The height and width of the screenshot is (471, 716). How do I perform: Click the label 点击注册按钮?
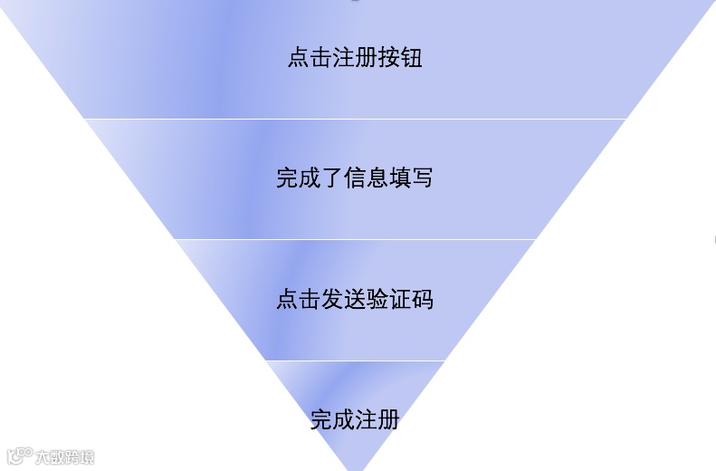coord(355,59)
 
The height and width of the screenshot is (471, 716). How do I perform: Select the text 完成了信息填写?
coord(355,178)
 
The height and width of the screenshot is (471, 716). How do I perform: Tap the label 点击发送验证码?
coord(355,299)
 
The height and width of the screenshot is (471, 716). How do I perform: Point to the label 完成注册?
coord(355,420)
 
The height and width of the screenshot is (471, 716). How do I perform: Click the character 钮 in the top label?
coord(412,59)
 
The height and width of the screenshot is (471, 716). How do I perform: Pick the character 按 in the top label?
coord(389,59)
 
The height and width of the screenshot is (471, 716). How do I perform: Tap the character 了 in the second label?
coord(332,178)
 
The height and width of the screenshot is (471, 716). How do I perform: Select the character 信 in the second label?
coord(355,178)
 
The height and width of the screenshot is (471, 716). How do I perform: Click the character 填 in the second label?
coord(400,178)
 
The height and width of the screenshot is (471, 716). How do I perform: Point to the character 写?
coord(423,178)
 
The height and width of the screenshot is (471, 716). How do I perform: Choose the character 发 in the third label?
coord(332,299)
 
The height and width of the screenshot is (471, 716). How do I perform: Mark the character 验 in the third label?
coord(377,299)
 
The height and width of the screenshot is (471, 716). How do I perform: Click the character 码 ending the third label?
coord(423,299)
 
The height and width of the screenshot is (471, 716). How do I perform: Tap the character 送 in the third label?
coord(355,299)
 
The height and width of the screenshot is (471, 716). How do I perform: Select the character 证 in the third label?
coord(400,299)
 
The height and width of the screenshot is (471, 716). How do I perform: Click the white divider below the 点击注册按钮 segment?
coord(355,119)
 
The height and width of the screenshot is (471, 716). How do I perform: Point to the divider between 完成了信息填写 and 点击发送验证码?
coord(355,239)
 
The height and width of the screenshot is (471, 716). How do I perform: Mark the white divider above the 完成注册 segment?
coord(355,360)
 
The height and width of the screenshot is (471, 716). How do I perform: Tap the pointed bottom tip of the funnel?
coord(355,467)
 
